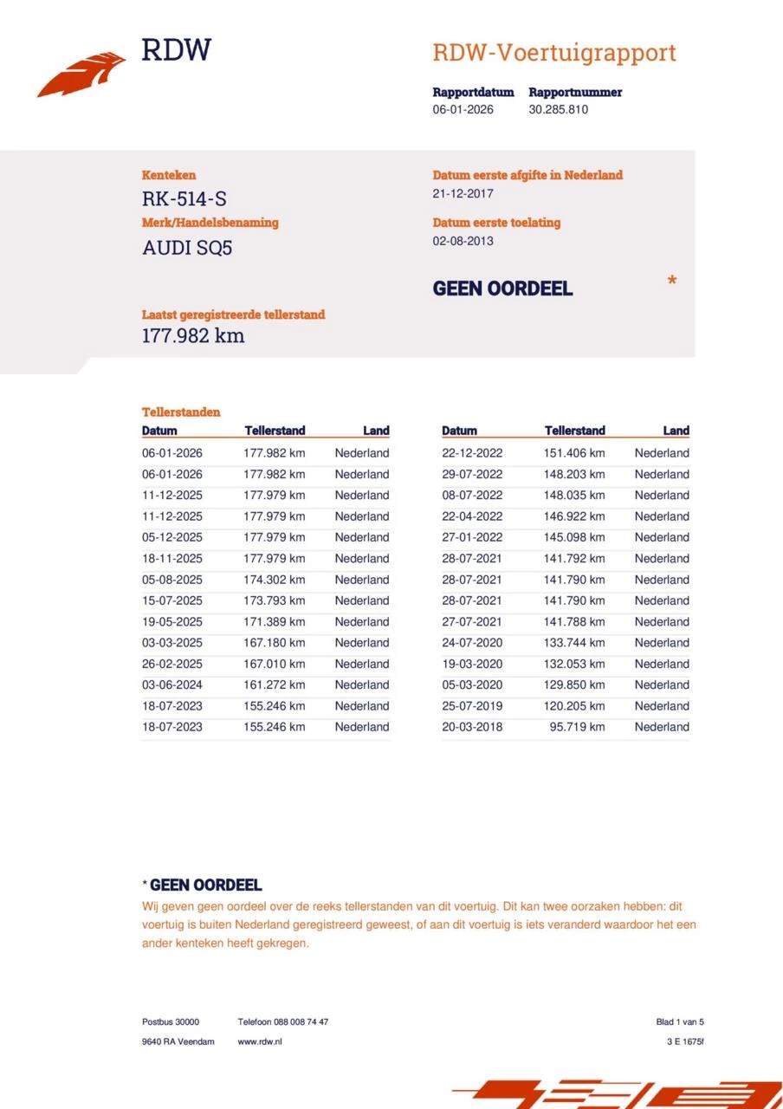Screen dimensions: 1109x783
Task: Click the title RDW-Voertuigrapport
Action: pos(553,53)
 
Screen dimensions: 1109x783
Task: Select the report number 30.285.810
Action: pos(558,110)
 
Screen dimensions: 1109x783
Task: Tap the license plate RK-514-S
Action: pos(184,198)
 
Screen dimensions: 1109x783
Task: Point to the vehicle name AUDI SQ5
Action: pos(187,248)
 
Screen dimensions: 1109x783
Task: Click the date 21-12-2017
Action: pos(463,194)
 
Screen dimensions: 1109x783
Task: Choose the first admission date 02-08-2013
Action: pos(463,241)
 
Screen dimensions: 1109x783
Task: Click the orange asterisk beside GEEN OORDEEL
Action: pos(671,282)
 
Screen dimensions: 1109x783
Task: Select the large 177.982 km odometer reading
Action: pos(193,336)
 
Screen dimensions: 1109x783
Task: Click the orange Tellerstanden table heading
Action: pos(181,412)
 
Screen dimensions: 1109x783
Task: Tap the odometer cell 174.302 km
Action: pos(274,580)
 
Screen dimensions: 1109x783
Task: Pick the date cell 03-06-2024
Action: pos(171,685)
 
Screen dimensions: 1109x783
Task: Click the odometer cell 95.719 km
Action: pos(577,727)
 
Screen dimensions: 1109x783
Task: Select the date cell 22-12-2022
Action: pos(471,453)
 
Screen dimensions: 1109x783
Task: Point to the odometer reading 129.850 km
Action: pos(574,685)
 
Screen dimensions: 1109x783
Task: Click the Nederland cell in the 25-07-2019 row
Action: pos(662,706)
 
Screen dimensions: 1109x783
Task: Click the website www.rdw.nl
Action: pos(260,1041)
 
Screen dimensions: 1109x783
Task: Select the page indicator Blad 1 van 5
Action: pos(680,1022)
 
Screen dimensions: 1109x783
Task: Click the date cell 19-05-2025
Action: pos(171,622)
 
